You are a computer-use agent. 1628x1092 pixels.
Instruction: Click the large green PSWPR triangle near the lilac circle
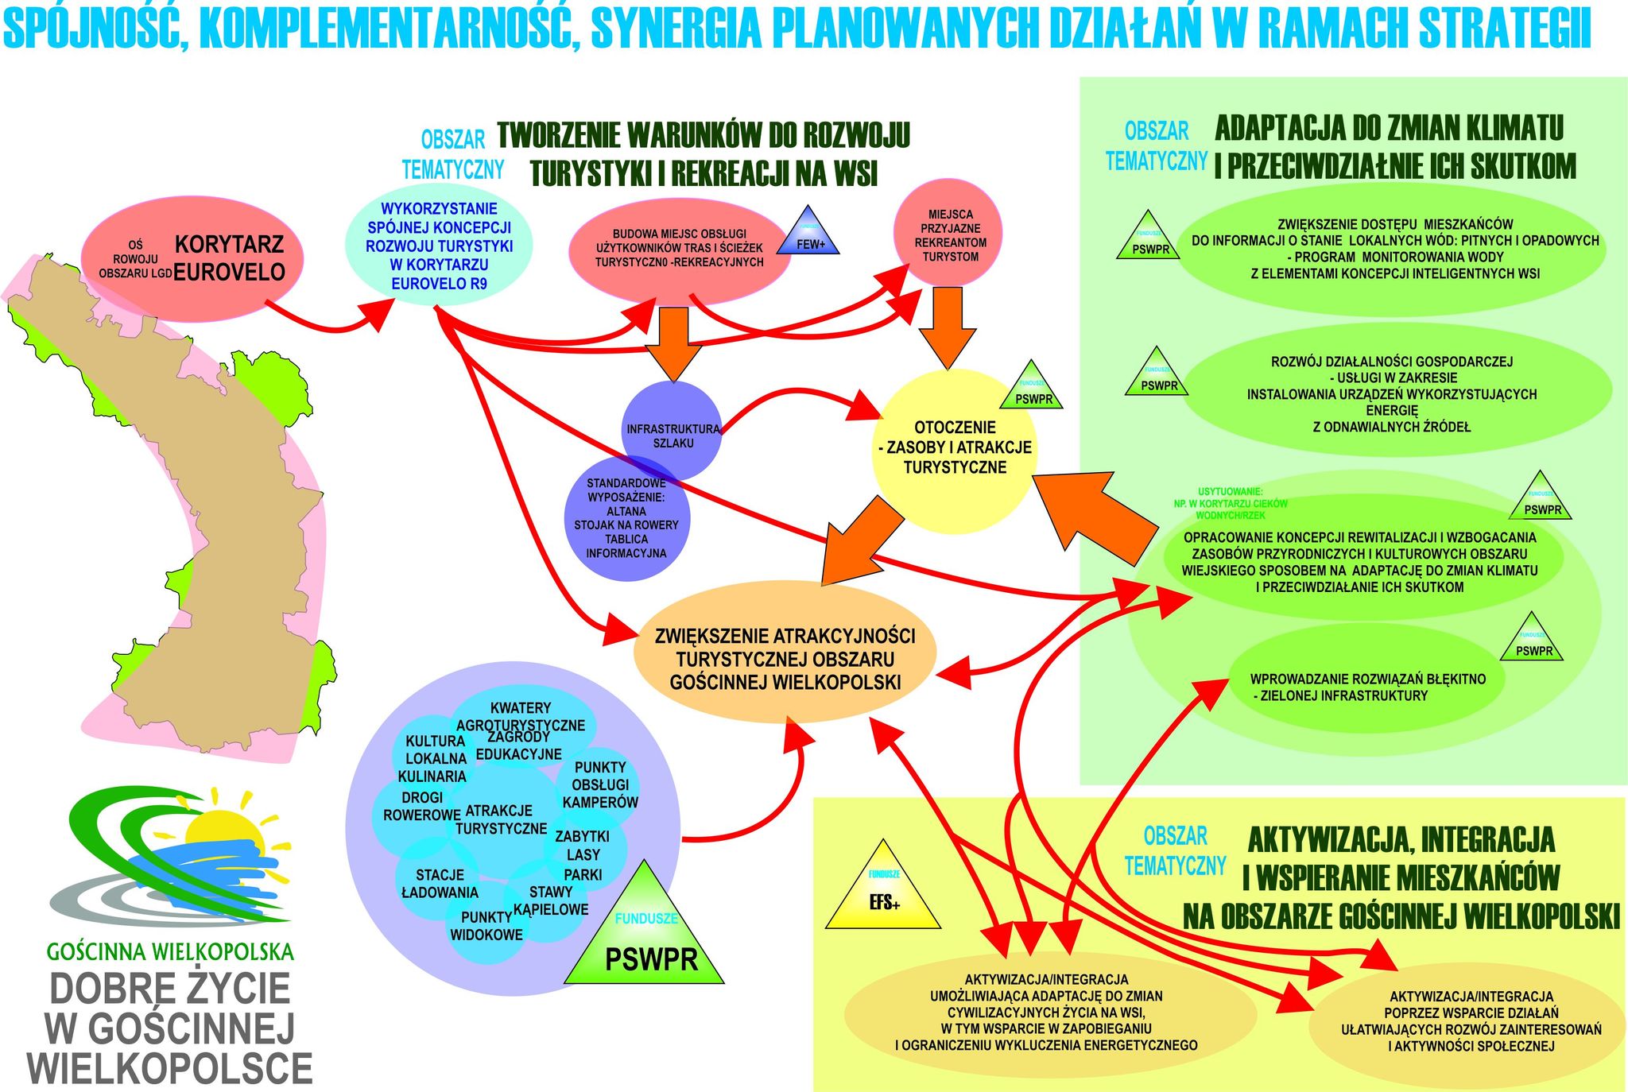[x=645, y=938]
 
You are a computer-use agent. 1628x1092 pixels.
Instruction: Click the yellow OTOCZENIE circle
[x=953, y=448]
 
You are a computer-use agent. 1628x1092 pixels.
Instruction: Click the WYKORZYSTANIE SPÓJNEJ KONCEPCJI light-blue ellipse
[x=439, y=246]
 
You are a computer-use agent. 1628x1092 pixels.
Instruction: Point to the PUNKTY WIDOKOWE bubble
[x=486, y=927]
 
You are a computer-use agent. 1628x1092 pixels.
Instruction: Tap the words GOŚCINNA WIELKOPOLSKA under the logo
[x=170, y=951]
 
